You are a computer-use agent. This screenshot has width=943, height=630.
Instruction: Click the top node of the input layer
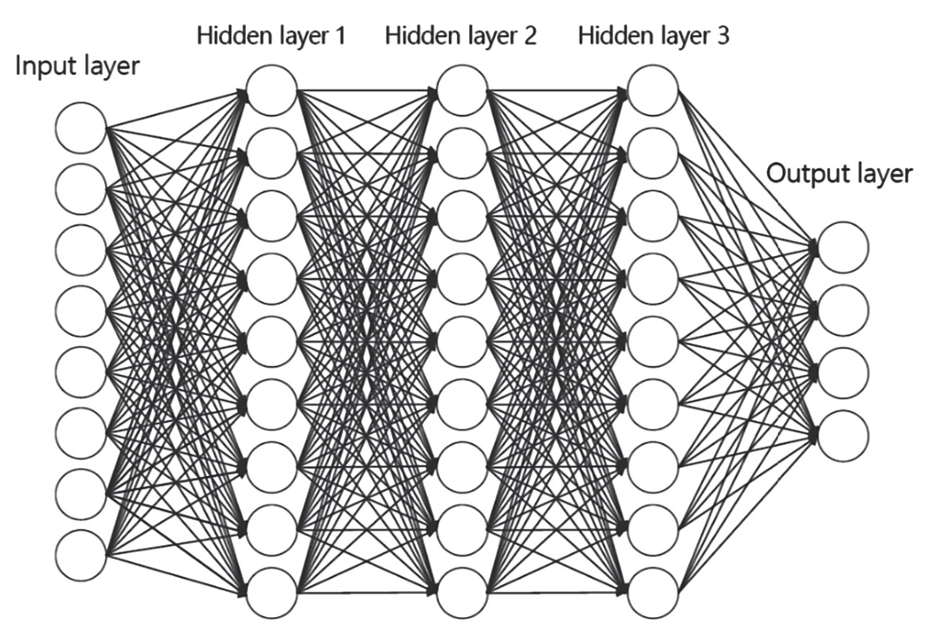click(81, 128)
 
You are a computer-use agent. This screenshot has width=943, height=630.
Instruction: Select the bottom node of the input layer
click(81, 555)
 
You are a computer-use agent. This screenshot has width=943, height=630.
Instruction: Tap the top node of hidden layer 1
click(271, 90)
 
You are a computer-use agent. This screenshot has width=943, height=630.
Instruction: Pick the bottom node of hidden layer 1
click(271, 593)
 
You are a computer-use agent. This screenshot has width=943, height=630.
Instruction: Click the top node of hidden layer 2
click(462, 90)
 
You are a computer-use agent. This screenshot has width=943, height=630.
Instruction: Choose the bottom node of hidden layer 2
click(462, 593)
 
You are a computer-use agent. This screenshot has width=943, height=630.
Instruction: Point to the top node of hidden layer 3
click(653, 90)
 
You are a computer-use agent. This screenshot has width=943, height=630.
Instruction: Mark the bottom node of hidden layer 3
click(653, 593)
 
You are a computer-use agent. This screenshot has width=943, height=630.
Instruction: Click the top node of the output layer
click(843, 247)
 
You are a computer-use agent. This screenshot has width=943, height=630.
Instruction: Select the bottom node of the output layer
click(843, 435)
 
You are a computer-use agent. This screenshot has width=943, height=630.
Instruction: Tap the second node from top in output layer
click(843, 310)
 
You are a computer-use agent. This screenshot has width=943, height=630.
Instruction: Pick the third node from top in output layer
click(843, 373)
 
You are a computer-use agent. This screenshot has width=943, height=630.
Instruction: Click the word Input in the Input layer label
click(41, 67)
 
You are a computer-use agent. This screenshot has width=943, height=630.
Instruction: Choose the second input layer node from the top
click(81, 189)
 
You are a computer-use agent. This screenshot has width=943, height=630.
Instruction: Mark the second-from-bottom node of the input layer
click(81, 494)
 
